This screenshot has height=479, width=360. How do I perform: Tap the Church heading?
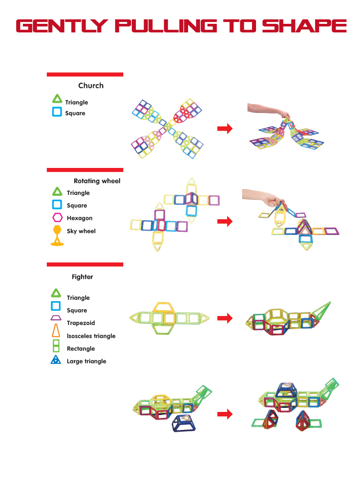[90, 86]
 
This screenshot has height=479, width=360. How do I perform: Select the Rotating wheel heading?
[97, 181]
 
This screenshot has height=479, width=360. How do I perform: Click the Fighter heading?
[82, 277]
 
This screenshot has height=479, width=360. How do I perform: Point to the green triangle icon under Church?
[57, 99]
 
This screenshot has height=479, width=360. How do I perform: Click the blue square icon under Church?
[57, 112]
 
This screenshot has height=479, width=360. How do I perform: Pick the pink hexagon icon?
[57, 218]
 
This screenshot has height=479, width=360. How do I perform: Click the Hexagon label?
[80, 218]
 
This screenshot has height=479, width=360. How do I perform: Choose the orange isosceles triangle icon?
[56, 331]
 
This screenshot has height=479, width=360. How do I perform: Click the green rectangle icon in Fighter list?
[56, 346]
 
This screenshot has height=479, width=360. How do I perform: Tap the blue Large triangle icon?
[56, 360]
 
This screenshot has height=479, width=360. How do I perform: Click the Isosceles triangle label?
[91, 336]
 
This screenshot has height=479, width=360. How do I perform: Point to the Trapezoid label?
[81, 323]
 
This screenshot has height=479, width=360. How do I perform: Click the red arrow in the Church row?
[225, 129]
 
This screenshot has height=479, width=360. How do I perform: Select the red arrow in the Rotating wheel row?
[225, 221]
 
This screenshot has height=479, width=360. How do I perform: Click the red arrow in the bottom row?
[225, 414]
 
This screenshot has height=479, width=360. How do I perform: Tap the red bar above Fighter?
[85, 265]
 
